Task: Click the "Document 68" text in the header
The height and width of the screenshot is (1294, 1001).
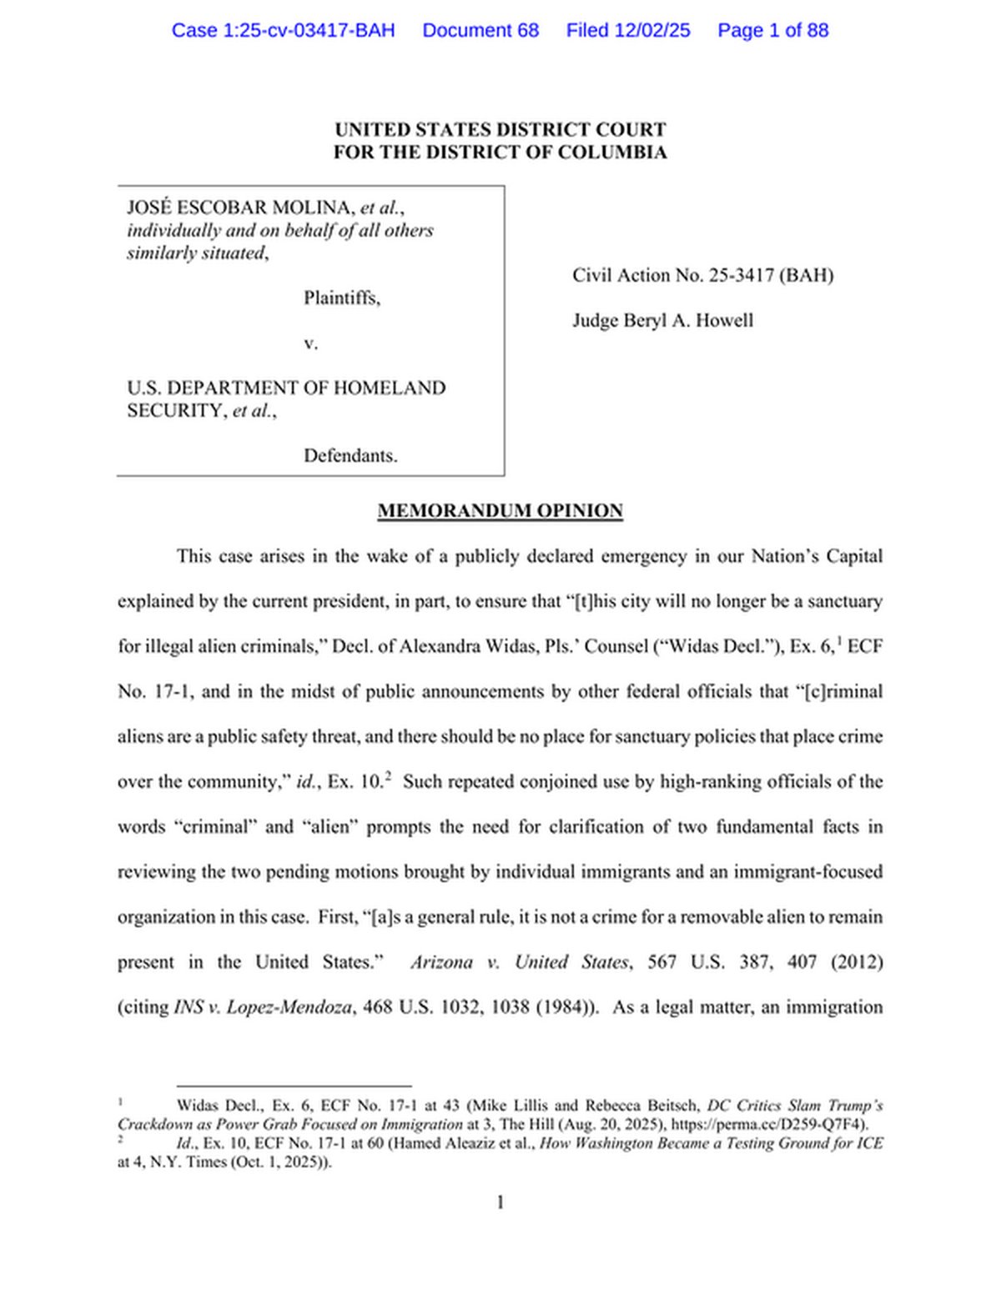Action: tap(480, 31)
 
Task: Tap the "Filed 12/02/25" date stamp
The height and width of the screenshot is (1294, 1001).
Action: tap(628, 31)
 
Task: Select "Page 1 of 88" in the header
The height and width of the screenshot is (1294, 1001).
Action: tap(772, 31)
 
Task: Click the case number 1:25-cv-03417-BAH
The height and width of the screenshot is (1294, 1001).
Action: tap(283, 31)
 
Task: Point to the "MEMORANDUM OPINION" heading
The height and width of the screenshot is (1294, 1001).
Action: tap(500, 511)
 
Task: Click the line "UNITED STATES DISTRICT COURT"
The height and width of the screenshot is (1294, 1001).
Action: tap(500, 130)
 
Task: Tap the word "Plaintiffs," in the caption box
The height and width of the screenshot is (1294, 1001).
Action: tap(342, 298)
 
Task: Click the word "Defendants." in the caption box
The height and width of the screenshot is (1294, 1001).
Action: tap(350, 455)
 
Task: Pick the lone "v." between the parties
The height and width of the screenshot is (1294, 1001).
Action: tap(310, 343)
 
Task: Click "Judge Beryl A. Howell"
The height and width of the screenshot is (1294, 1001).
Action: tap(662, 320)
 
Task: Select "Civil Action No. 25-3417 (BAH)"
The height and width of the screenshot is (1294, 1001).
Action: tap(702, 275)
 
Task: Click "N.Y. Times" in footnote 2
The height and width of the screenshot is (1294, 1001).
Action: tap(184, 1161)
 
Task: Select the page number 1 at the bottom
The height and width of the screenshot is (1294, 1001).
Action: tap(500, 1202)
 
